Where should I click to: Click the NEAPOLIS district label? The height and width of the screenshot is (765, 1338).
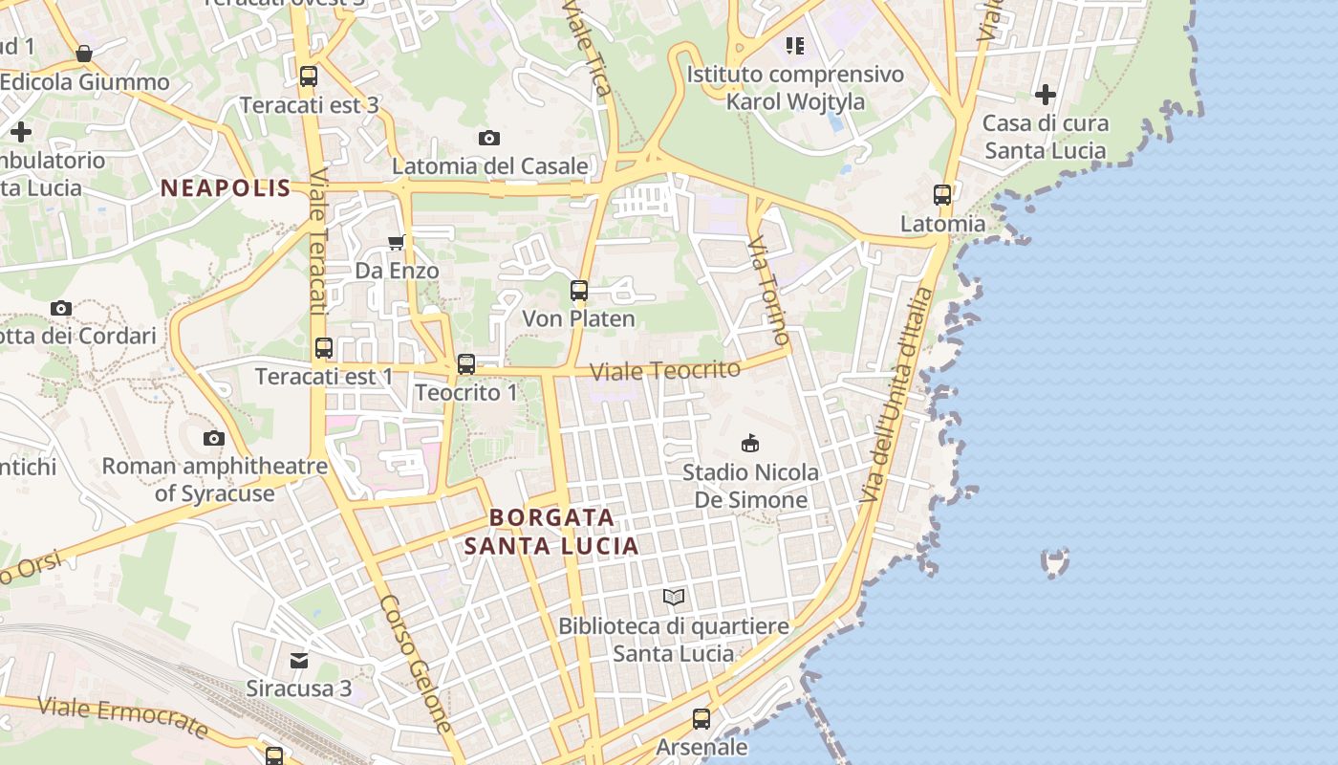coord(226,188)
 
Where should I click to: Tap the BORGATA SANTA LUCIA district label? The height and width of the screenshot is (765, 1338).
coord(551,532)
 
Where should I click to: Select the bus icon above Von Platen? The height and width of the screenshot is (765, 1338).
coord(579,291)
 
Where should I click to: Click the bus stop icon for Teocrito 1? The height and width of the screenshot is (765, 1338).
coord(466,364)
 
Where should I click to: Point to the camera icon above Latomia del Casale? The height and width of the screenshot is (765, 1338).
coord(489,139)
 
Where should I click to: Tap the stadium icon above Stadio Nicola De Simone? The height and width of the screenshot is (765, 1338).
coord(750,443)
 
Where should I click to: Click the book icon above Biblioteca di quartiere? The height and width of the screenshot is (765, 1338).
coord(674,598)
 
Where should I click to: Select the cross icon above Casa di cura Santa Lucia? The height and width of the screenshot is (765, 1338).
coord(1046,95)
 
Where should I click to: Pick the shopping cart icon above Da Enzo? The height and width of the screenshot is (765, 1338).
coord(397,243)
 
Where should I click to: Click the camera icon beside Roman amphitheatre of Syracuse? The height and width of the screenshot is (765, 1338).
coord(214,439)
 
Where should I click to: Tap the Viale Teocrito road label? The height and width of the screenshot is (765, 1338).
coord(665,370)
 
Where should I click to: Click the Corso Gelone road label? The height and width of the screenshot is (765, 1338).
coord(416,664)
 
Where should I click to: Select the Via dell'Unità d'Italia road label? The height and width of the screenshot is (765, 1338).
coord(896,395)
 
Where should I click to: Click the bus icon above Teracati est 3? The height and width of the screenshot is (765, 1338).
coord(308,76)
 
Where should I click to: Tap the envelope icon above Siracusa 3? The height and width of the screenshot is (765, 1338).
coord(300,660)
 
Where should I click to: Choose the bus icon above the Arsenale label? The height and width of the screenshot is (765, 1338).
coord(701,718)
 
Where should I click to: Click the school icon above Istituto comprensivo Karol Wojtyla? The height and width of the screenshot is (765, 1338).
coord(795,45)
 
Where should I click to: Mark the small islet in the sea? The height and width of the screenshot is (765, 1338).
coord(1054,562)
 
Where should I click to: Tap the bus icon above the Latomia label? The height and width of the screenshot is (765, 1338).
coord(942,195)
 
